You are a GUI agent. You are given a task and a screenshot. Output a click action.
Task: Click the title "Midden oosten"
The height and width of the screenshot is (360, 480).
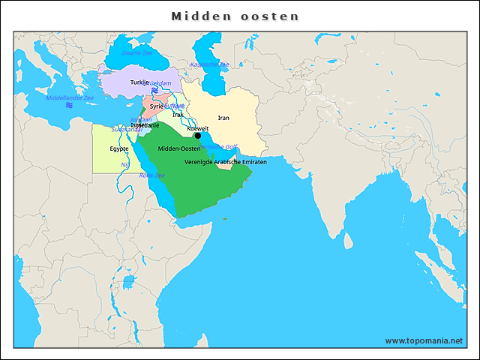click(x=235, y=16)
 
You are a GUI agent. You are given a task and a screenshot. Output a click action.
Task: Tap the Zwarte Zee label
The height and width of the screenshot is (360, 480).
click(x=136, y=53)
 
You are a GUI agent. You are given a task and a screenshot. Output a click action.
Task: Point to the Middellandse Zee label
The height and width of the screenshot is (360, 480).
click(x=70, y=97)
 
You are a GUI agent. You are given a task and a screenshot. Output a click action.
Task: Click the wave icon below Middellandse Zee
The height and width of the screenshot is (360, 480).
click(x=68, y=106)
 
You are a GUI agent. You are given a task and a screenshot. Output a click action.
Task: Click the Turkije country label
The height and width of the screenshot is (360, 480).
click(x=139, y=82)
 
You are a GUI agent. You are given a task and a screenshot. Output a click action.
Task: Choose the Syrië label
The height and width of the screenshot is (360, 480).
click(x=156, y=106)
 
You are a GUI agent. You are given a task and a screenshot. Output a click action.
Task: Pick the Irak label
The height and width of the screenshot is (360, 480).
click(x=177, y=115)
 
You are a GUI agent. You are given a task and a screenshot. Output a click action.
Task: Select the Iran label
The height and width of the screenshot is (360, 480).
click(x=223, y=118)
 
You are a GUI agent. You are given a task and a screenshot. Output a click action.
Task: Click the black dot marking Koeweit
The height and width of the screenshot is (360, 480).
click(x=197, y=136)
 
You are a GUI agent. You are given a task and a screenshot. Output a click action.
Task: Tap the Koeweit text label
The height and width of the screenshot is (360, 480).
click(x=198, y=128)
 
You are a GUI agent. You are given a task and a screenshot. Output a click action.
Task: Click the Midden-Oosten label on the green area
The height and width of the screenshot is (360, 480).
click(x=179, y=148)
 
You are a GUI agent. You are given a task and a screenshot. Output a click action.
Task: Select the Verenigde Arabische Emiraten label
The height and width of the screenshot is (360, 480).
click(x=225, y=162)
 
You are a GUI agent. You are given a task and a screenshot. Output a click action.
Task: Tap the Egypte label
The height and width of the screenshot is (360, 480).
click(x=119, y=148)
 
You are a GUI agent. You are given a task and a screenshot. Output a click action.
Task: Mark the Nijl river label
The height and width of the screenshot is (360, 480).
click(x=125, y=164)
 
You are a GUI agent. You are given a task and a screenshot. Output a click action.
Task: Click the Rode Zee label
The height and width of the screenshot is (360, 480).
click(x=151, y=175)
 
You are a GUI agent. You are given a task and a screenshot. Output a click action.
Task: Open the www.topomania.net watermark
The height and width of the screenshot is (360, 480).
click(x=424, y=340)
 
